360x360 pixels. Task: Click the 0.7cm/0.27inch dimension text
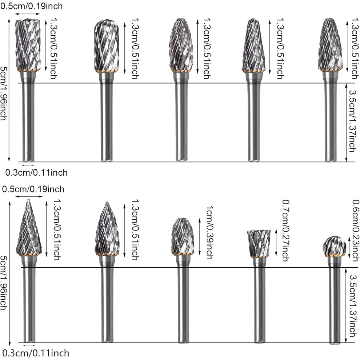(x=285, y=231)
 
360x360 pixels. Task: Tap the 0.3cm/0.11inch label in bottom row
(x=37, y=353)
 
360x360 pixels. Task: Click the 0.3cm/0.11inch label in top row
(x=36, y=172)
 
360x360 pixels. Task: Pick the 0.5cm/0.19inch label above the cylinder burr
(x=31, y=6)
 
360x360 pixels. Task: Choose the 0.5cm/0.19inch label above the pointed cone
(x=33, y=189)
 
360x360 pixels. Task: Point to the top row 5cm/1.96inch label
(x=3, y=93)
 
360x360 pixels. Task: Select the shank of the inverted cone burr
(x=260, y=299)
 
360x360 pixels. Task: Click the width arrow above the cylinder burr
(x=28, y=14)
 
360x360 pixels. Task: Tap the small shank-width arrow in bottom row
(x=29, y=345)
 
